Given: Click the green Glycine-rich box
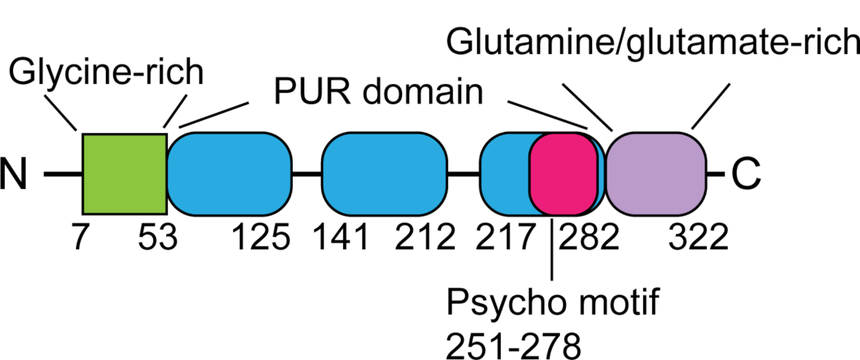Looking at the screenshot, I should pyautogui.click(x=124, y=173).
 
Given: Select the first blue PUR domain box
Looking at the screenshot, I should pyautogui.click(x=229, y=173).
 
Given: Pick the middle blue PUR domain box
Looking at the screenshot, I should pyautogui.click(x=384, y=173).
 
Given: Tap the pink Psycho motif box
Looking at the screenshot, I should pyautogui.click(x=563, y=174).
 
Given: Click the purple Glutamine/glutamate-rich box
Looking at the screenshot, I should pyautogui.click(x=655, y=173).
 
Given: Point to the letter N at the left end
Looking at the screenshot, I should pyautogui.click(x=14, y=174).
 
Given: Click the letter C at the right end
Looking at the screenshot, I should pyautogui.click(x=746, y=174).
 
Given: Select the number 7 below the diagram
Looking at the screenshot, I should pyautogui.click(x=80, y=237).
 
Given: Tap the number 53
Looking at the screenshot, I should pyautogui.click(x=157, y=237).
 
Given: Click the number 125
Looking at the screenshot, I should pyautogui.click(x=261, y=237).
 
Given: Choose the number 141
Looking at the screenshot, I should pyautogui.click(x=340, y=237).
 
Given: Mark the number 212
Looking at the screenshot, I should pyautogui.click(x=425, y=237).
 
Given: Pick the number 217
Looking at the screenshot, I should pyautogui.click(x=505, y=237).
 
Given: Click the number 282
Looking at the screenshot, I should pyautogui.click(x=589, y=237).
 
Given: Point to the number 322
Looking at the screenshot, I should pyautogui.click(x=698, y=237).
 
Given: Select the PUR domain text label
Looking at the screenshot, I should pyautogui.click(x=378, y=91).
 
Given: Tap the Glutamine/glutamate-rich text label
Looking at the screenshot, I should pyautogui.click(x=653, y=42).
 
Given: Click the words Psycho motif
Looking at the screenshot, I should pyautogui.click(x=552, y=302).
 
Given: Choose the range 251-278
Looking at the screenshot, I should pyautogui.click(x=513, y=346).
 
